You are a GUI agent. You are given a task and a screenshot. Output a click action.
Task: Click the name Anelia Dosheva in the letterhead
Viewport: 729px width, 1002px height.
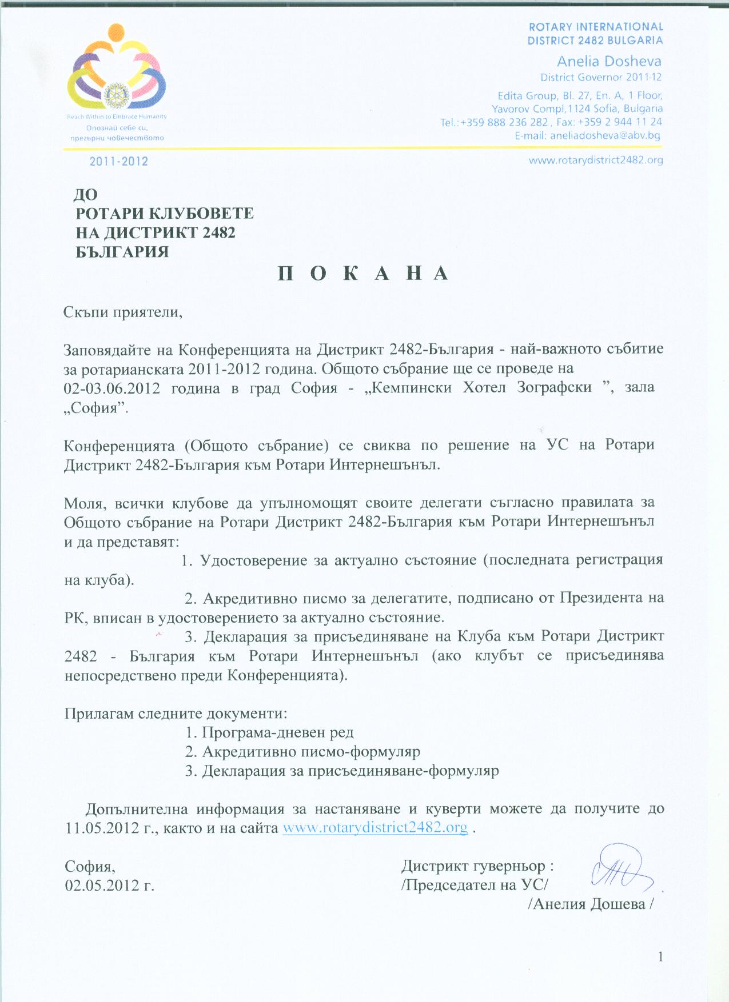pos(609,62)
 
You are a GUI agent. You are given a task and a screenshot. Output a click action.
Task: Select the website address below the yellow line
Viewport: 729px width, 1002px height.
pos(596,161)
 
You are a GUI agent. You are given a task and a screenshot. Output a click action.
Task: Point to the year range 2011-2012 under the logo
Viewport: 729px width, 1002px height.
pos(119,162)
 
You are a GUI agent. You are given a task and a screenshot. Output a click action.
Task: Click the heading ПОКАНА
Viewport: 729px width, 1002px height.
pos(364,274)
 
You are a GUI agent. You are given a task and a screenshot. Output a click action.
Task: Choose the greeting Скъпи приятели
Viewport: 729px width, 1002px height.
pos(123,312)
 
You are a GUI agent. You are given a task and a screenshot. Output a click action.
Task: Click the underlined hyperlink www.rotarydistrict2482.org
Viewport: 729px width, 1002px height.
pos(375,828)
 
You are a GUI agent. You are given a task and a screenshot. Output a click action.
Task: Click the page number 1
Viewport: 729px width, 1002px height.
pos(661,957)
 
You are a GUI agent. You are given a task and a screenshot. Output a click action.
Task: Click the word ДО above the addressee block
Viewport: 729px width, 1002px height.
pos(86,195)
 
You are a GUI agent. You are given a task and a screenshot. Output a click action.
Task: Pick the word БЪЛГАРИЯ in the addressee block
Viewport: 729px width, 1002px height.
pos(122,252)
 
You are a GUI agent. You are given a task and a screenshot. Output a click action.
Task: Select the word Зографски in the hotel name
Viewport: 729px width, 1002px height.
pos(554,387)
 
